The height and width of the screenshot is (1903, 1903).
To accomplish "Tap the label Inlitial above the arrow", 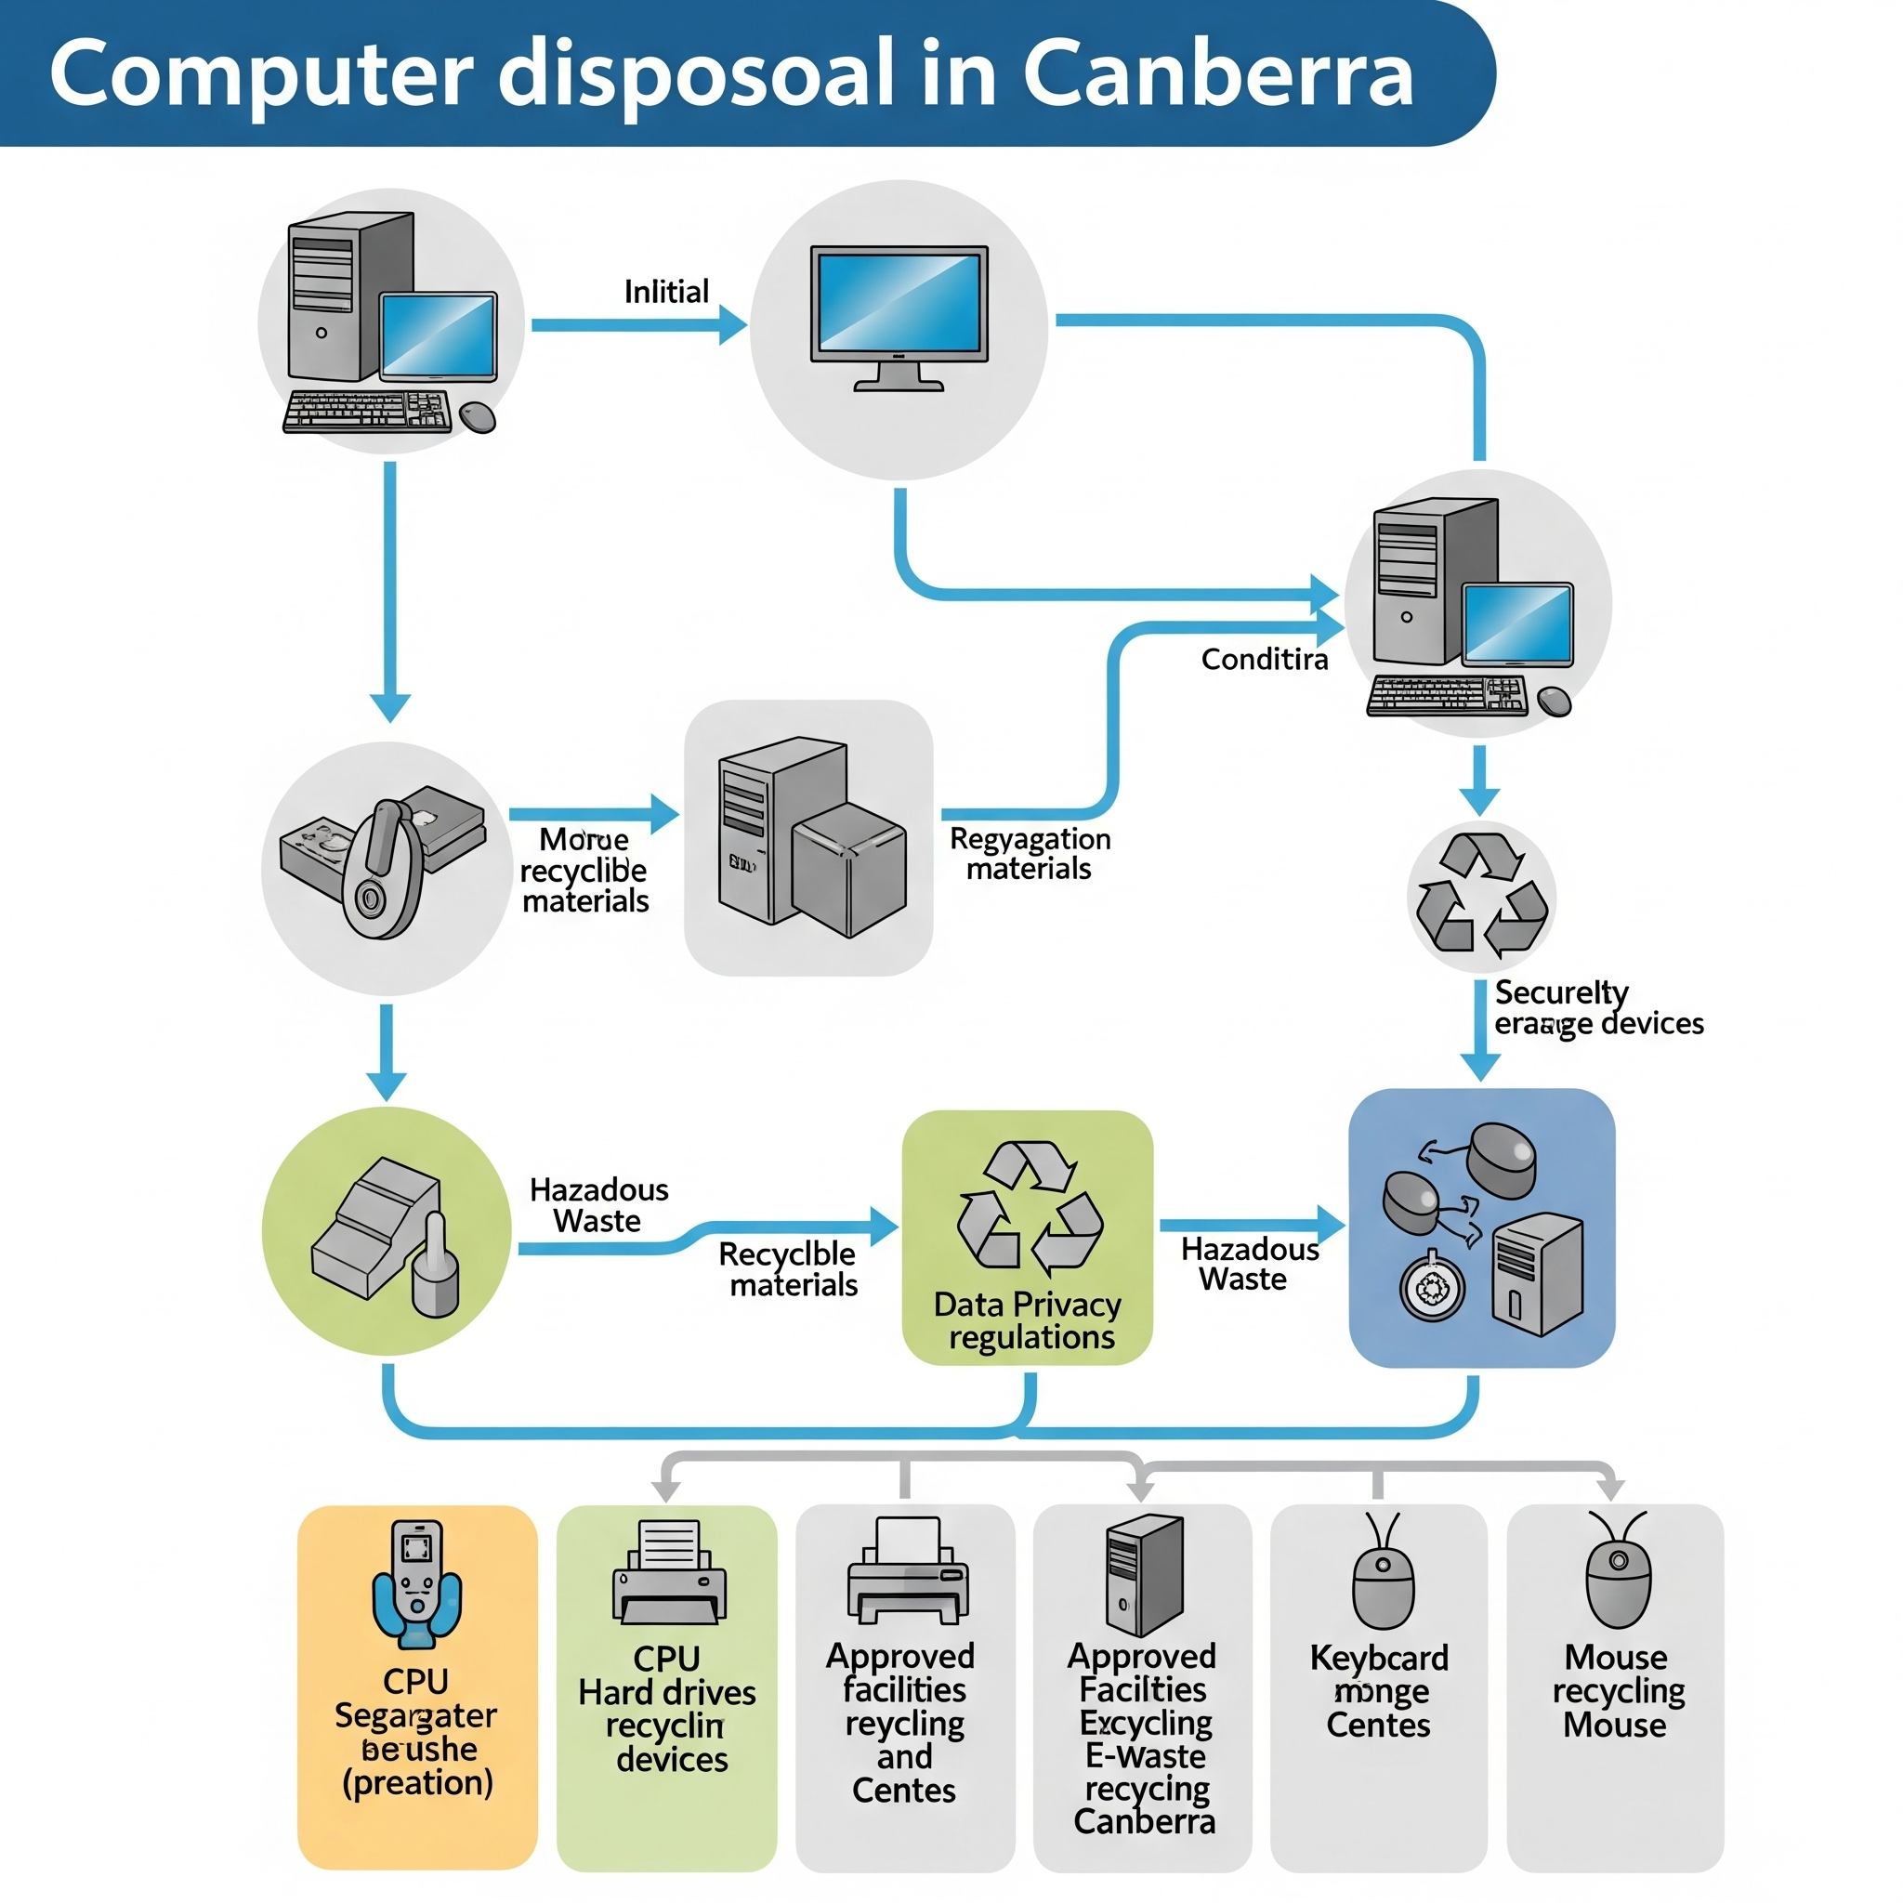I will (666, 292).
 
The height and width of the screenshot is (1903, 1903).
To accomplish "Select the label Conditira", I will (1264, 659).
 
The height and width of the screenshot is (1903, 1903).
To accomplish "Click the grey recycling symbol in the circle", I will (1480, 895).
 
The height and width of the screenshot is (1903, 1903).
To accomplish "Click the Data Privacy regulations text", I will (1029, 1321).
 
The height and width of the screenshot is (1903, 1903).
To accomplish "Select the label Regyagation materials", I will (1030, 853).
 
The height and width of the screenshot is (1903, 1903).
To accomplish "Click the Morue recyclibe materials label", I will (584, 870).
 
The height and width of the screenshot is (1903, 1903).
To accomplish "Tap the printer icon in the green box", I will (669, 1573).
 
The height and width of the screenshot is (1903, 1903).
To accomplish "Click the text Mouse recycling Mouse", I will (1617, 1690).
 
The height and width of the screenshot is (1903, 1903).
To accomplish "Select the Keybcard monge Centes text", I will (1378, 1690).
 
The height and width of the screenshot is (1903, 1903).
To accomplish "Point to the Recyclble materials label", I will (789, 1268).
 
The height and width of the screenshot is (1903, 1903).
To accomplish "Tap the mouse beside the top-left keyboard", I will (478, 415).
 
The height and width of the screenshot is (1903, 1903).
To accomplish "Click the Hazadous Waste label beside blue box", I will (1248, 1264).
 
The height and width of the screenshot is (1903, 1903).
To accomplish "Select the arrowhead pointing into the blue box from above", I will (1479, 1067).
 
